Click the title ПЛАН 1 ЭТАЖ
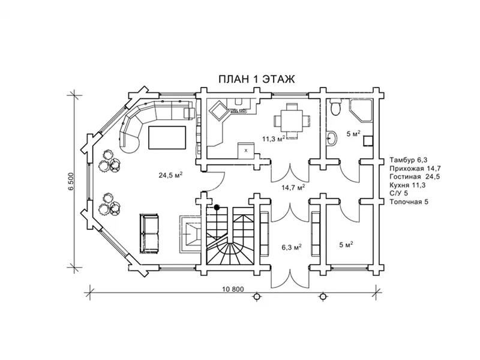pos(257,79)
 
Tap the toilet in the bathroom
pos(335,107)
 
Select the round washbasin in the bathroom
pos(331,139)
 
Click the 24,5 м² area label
pos(170,175)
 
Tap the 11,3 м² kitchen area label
pos(274,139)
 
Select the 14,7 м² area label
pos(293,187)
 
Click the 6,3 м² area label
pos(292,247)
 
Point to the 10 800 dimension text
pos(232,289)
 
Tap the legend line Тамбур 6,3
pos(409,160)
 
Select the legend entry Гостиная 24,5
pos(415,176)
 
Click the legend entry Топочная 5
pos(409,202)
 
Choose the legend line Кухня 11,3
pos(407,185)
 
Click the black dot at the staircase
pos(217,207)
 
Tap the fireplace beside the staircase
pos(190,233)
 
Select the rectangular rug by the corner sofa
pos(167,137)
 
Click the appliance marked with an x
pos(246,150)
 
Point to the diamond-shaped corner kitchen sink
pos(218,112)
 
